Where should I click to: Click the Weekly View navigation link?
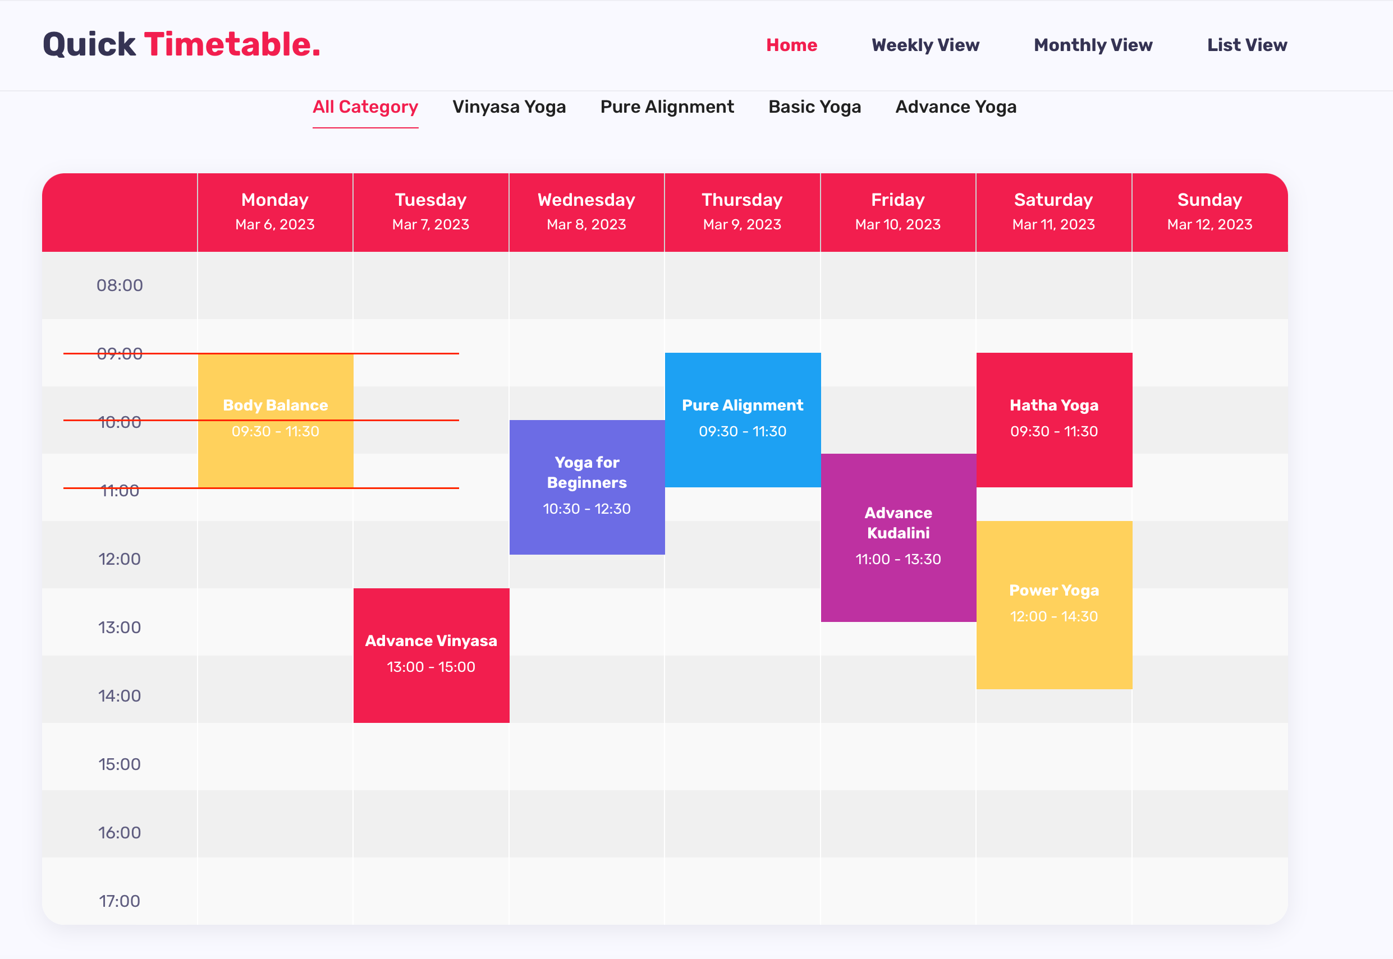click(925, 45)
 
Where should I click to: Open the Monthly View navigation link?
click(1093, 45)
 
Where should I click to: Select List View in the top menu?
click(1247, 45)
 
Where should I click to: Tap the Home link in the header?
click(791, 45)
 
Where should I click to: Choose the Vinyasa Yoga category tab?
click(509, 107)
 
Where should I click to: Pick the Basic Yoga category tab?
click(814, 107)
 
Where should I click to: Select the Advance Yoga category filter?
click(956, 107)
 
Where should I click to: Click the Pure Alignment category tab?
click(667, 107)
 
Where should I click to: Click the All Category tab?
click(365, 107)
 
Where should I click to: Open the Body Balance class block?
click(276, 420)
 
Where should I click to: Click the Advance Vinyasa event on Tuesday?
click(431, 656)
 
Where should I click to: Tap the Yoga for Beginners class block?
click(587, 487)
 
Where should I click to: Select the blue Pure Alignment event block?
click(743, 420)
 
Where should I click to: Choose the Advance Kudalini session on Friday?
click(898, 538)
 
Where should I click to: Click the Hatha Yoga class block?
click(1054, 420)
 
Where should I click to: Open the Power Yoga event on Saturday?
click(1054, 605)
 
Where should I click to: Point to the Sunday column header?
click(1209, 212)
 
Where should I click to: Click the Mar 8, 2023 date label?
click(586, 225)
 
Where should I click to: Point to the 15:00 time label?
click(120, 764)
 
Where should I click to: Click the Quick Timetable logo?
click(182, 44)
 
